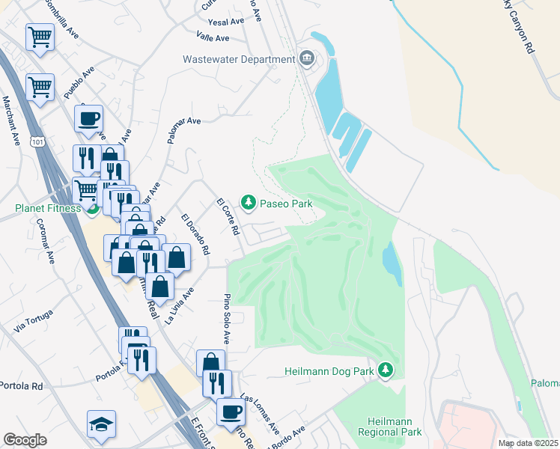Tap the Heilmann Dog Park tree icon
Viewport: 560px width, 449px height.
point(386,370)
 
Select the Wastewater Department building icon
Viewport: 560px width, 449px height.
point(306,59)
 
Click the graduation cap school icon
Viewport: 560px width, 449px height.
point(101,424)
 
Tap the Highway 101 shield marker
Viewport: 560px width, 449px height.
point(38,141)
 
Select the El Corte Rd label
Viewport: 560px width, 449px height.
point(226,217)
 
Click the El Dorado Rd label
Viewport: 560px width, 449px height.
point(195,232)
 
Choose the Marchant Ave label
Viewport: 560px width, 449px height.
point(11,120)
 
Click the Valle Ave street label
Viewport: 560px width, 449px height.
point(213,37)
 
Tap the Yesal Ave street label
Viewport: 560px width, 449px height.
point(226,22)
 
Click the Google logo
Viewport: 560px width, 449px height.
point(25,440)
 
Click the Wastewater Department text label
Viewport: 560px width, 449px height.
point(240,59)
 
